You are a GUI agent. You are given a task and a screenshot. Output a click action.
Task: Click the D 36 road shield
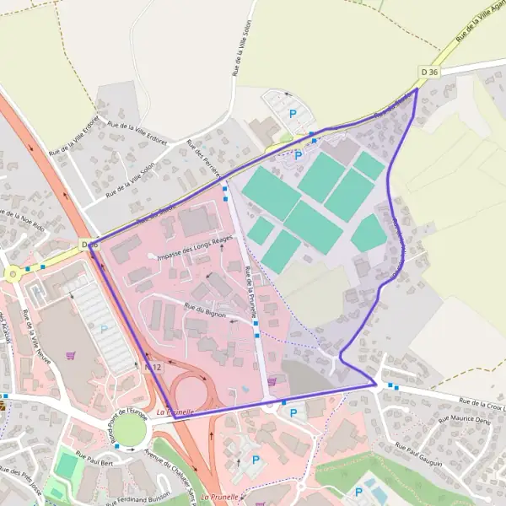coord(429,73)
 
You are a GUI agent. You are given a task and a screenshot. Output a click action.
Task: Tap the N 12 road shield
coord(153,367)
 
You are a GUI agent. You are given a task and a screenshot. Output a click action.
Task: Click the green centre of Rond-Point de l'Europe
coord(129,430)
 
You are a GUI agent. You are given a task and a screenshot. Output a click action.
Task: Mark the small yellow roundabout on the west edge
coord(13,274)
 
